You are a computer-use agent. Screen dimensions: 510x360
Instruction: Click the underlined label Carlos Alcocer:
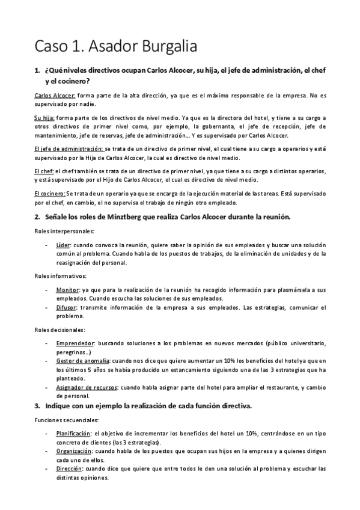point(55,96)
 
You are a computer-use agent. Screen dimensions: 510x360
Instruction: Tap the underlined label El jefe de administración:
point(69,148)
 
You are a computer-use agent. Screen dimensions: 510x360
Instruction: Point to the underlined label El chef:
point(44,171)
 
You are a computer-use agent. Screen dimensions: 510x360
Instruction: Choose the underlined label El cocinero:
point(50,194)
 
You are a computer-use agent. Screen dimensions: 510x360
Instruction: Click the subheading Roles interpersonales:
point(60,231)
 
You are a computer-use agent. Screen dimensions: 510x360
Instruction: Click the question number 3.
point(37,406)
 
